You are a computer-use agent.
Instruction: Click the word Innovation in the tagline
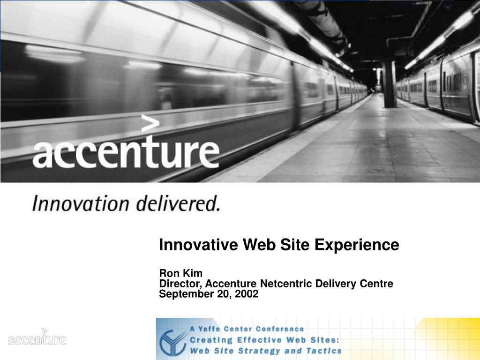coord(81,204)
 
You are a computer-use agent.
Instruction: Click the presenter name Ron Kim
coord(181,273)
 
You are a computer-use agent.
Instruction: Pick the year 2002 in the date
coord(247,294)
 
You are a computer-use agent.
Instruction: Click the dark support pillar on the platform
coord(390,84)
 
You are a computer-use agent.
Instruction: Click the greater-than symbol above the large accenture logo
coord(150,124)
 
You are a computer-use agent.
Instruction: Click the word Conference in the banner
coord(282,329)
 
